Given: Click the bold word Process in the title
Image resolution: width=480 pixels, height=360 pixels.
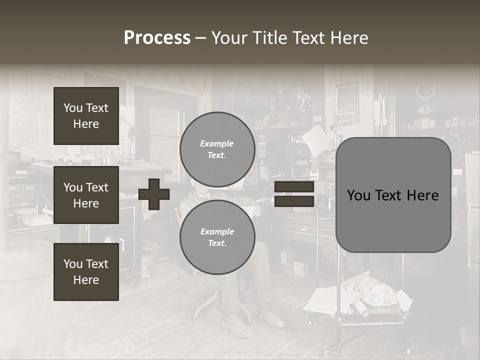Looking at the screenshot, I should point(157,38).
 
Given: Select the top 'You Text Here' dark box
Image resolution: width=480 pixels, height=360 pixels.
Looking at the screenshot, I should point(86,116).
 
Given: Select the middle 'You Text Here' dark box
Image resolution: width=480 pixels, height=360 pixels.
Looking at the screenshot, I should point(86,195).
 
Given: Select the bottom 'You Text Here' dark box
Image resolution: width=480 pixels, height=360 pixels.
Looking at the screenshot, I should point(86,271).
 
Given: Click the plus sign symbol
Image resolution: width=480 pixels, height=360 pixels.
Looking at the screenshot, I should point(154,194).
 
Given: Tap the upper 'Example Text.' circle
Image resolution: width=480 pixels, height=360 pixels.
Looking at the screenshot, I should point(217,149).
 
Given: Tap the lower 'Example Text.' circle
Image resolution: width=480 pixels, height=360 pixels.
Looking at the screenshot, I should point(217,237).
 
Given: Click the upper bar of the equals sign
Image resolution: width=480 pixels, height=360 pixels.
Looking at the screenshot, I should point(294,187).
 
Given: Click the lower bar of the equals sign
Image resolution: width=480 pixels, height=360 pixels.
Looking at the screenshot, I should point(294,201).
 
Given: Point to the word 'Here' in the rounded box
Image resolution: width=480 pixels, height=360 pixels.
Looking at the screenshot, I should point(422,195).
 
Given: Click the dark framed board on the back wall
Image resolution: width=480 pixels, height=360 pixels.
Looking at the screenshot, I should point(347,99).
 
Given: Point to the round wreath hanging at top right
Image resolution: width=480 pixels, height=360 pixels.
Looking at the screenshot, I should point(425,90).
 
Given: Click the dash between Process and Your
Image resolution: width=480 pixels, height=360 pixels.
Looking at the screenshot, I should point(200,38).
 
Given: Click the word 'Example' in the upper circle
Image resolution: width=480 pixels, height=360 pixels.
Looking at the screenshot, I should point(216,143).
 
